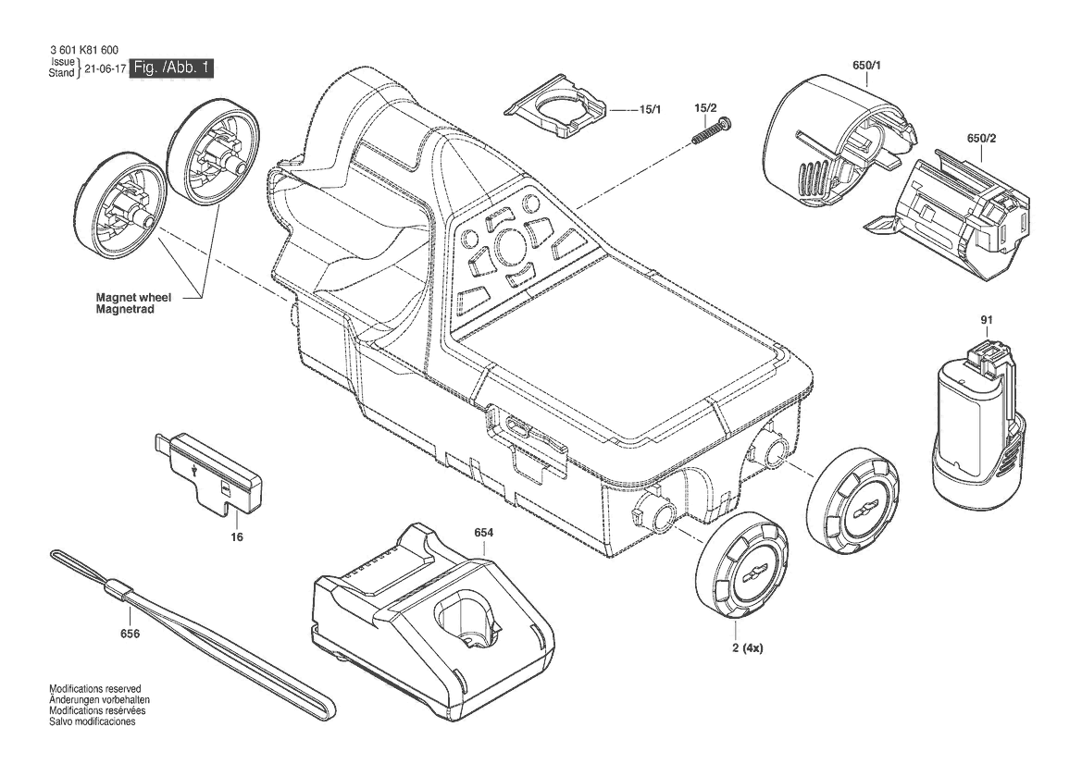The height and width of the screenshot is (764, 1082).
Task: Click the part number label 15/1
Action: coord(650,110)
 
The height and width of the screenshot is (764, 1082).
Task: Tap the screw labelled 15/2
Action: coord(712,131)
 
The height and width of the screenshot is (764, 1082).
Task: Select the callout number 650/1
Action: coord(866,67)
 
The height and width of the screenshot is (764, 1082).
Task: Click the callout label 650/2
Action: coord(981,139)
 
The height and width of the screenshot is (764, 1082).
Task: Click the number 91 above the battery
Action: coord(986,320)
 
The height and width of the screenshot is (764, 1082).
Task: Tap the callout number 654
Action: coord(484,533)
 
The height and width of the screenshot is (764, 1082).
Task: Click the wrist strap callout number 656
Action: coord(130,634)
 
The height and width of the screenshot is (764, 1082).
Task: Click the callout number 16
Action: coord(237,537)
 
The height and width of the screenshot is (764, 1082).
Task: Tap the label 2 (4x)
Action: coord(747,648)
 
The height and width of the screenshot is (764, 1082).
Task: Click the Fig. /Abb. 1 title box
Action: coord(172,68)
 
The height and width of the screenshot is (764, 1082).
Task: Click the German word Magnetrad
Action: coord(125,310)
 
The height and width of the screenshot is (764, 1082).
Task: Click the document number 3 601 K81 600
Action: coord(84,50)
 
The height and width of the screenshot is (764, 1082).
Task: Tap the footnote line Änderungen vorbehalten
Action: coord(99,700)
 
